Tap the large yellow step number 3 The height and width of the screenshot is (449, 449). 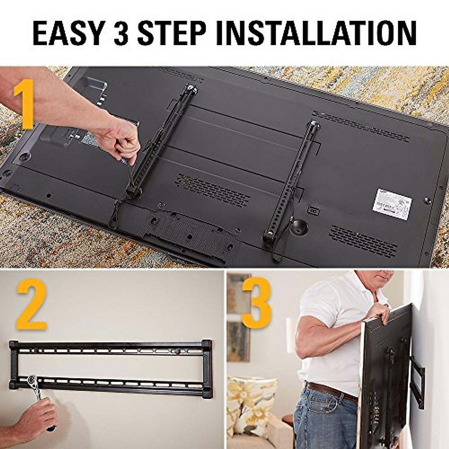[x=256, y=303]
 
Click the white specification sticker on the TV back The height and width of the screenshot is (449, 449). [x=392, y=204]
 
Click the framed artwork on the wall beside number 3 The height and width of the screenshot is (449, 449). [x=238, y=318]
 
